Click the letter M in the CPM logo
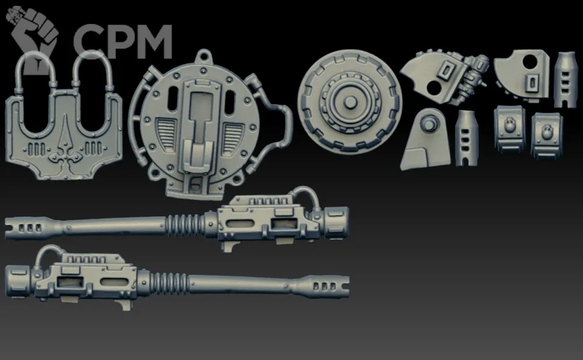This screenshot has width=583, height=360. pos(150,41)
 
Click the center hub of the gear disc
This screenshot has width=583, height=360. pos(349,101)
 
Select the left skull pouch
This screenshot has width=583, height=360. pos(510,128)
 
